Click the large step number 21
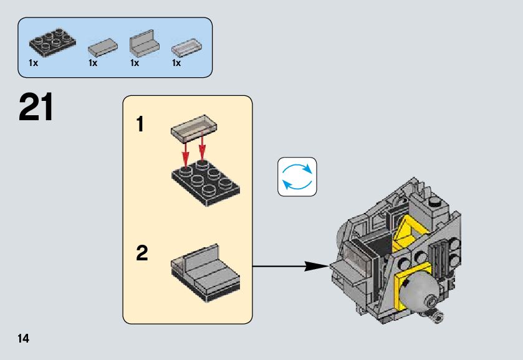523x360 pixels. coord(36,108)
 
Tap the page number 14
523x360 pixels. coord(23,339)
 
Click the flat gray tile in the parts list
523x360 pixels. coord(102,47)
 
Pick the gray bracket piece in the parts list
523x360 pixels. coord(143,42)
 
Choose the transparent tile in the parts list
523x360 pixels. coord(186,47)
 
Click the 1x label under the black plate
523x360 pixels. coord(34,64)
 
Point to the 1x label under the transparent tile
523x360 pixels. coord(176,64)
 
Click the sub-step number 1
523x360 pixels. coord(140,125)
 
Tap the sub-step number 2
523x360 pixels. coord(142,253)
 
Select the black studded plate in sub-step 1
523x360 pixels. coord(204,181)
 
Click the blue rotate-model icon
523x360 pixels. coord(297,177)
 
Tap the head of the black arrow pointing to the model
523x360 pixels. coord(321,267)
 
